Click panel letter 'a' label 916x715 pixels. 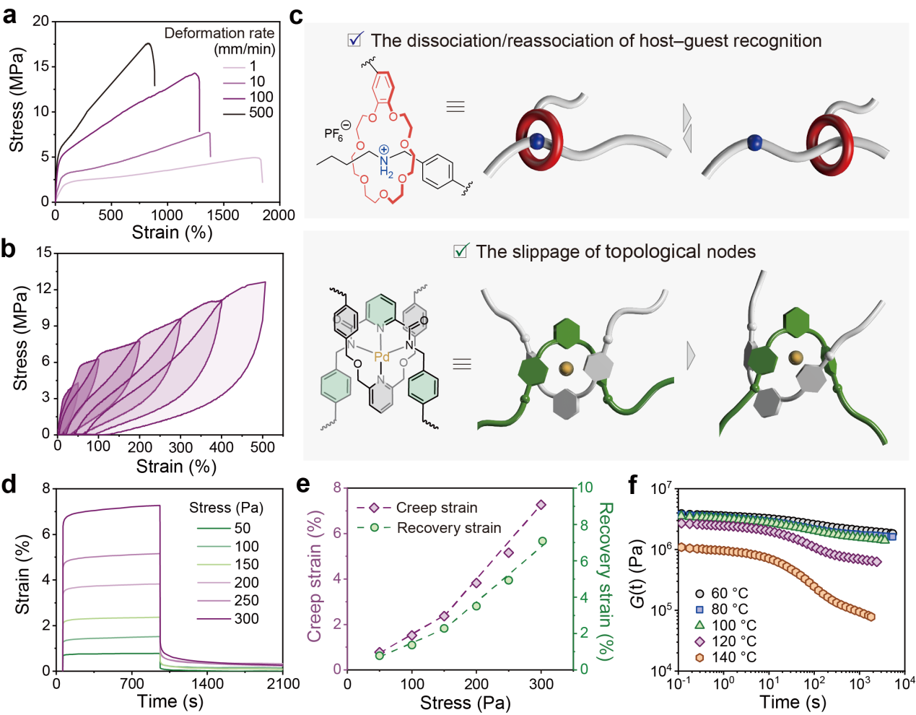click(x=9, y=14)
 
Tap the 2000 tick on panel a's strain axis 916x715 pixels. click(x=279, y=215)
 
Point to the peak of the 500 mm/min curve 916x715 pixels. click(x=149, y=43)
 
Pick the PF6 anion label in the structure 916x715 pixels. click(x=335, y=133)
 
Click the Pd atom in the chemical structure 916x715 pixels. click(x=382, y=357)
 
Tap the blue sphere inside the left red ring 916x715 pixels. click(x=537, y=142)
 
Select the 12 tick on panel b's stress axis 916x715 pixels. click(x=45, y=289)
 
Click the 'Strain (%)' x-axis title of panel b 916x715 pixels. click(x=176, y=467)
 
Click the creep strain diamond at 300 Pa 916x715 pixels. click(x=541, y=505)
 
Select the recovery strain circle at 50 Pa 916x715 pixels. click(x=380, y=656)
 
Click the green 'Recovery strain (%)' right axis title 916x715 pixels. click(x=606, y=581)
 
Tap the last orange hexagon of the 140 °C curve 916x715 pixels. click(x=871, y=617)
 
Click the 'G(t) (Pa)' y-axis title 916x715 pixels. click(x=637, y=580)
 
